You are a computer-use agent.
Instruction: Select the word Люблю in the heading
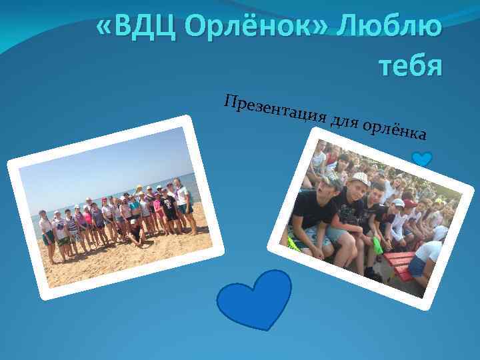(x=389, y=28)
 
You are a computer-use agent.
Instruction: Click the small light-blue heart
(x=422, y=159)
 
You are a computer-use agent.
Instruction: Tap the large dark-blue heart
(x=255, y=296)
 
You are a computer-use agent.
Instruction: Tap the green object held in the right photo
(x=377, y=245)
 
